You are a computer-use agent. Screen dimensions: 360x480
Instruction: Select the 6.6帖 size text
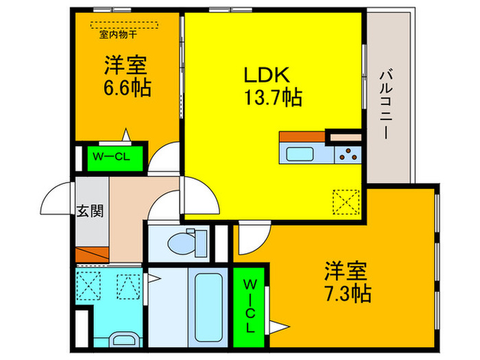[128, 90]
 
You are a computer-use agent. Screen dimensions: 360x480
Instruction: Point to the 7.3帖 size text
[348, 294]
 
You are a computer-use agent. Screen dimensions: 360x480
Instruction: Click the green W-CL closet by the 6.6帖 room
[110, 156]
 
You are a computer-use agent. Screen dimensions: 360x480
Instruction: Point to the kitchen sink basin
[300, 154]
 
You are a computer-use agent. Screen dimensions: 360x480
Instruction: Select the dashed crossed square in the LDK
[346, 202]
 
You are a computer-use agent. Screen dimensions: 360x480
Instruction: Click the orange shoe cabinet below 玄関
[91, 254]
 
